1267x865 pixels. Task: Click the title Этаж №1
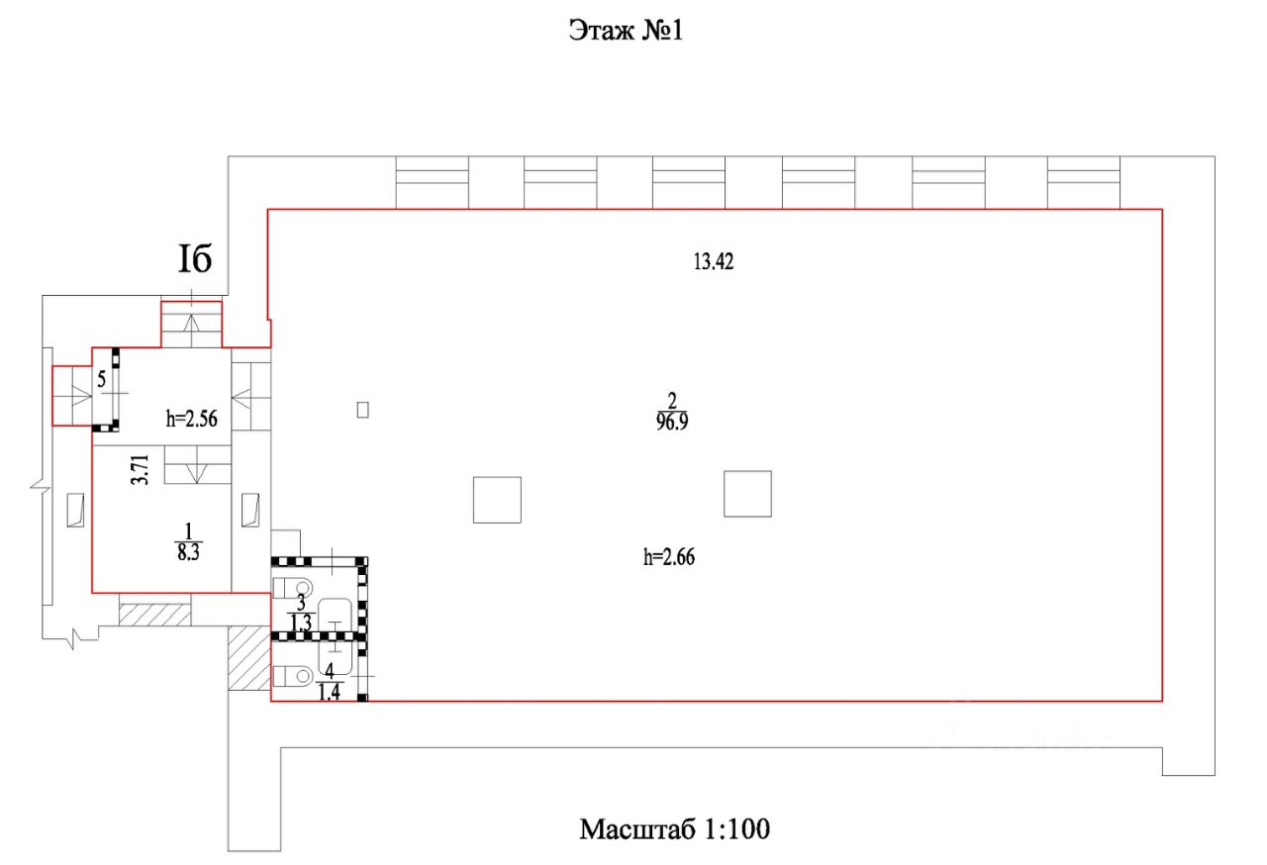click(627, 31)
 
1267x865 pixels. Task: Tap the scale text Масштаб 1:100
click(675, 829)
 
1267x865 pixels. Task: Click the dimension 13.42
click(714, 261)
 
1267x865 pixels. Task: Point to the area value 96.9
click(672, 423)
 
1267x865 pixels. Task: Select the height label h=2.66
click(669, 557)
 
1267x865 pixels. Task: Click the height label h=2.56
click(192, 419)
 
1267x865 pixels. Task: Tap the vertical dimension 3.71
click(140, 470)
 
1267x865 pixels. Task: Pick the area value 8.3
click(188, 552)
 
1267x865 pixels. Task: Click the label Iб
click(195, 258)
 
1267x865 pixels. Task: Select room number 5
click(101, 379)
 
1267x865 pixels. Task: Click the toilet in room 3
click(292, 588)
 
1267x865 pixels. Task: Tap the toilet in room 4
click(293, 676)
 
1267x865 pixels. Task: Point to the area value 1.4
click(330, 692)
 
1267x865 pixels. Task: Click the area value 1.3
click(301, 623)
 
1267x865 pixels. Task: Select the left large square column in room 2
click(497, 500)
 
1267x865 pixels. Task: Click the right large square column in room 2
click(747, 494)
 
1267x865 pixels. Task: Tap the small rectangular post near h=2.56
click(363, 410)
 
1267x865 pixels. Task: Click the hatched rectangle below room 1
click(155, 615)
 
